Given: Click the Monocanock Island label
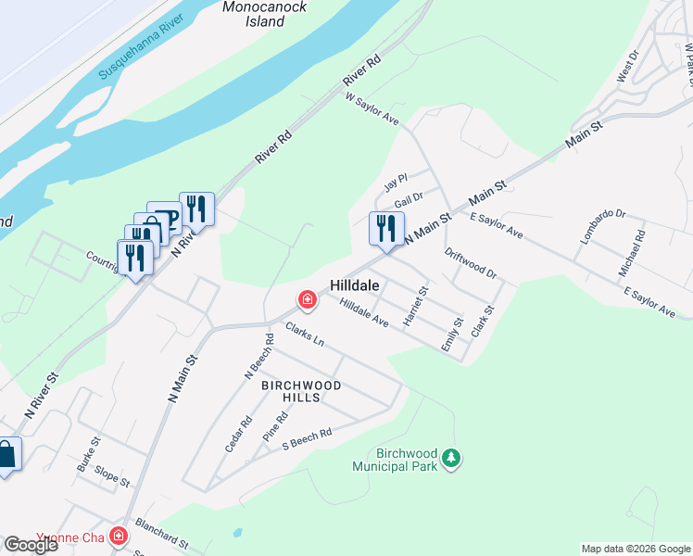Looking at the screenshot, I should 265,13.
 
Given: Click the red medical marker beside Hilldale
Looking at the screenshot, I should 307,299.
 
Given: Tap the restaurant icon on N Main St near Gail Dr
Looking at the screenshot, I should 386,228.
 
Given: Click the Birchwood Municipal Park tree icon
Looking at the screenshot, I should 451,458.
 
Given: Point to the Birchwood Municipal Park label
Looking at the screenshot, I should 395,461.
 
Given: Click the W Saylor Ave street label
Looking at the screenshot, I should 372,109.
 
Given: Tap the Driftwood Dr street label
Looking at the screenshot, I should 471,264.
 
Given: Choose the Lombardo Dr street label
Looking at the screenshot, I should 603,226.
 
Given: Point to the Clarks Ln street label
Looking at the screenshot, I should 305,335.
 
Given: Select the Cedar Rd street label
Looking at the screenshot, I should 238,434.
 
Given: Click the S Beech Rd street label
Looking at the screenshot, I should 307,438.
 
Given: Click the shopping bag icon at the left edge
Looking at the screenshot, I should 6,455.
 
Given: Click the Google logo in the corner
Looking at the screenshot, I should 31,545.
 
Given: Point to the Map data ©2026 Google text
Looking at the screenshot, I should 636,549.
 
